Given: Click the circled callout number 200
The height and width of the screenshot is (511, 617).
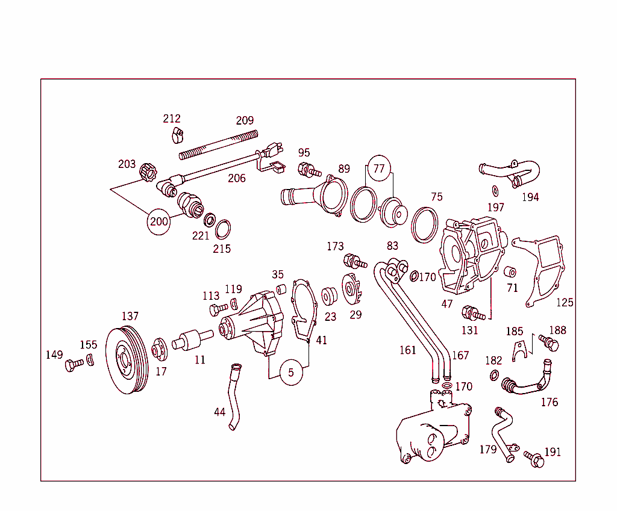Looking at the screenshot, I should coord(159,221).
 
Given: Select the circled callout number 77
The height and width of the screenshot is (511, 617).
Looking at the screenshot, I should coord(378,169).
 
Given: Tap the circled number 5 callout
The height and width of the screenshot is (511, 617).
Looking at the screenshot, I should coord(291,373).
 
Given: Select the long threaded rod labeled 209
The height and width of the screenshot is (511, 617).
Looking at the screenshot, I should coord(219,145).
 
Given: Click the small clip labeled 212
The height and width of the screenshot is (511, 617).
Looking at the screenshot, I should coord(175,134).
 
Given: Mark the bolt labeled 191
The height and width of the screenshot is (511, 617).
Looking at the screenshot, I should coord(534,459).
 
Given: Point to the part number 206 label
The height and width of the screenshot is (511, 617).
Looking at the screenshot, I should coord(237,178).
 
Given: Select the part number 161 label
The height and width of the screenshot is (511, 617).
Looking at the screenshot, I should coord(408,350).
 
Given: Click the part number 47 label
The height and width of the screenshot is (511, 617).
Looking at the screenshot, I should coord(446,304).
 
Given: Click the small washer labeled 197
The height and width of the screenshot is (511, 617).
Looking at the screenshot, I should coord(495,191).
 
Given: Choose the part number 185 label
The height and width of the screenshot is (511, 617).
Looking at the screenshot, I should coord(514,331).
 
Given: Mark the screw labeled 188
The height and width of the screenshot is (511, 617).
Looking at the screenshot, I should coord(550,343).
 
